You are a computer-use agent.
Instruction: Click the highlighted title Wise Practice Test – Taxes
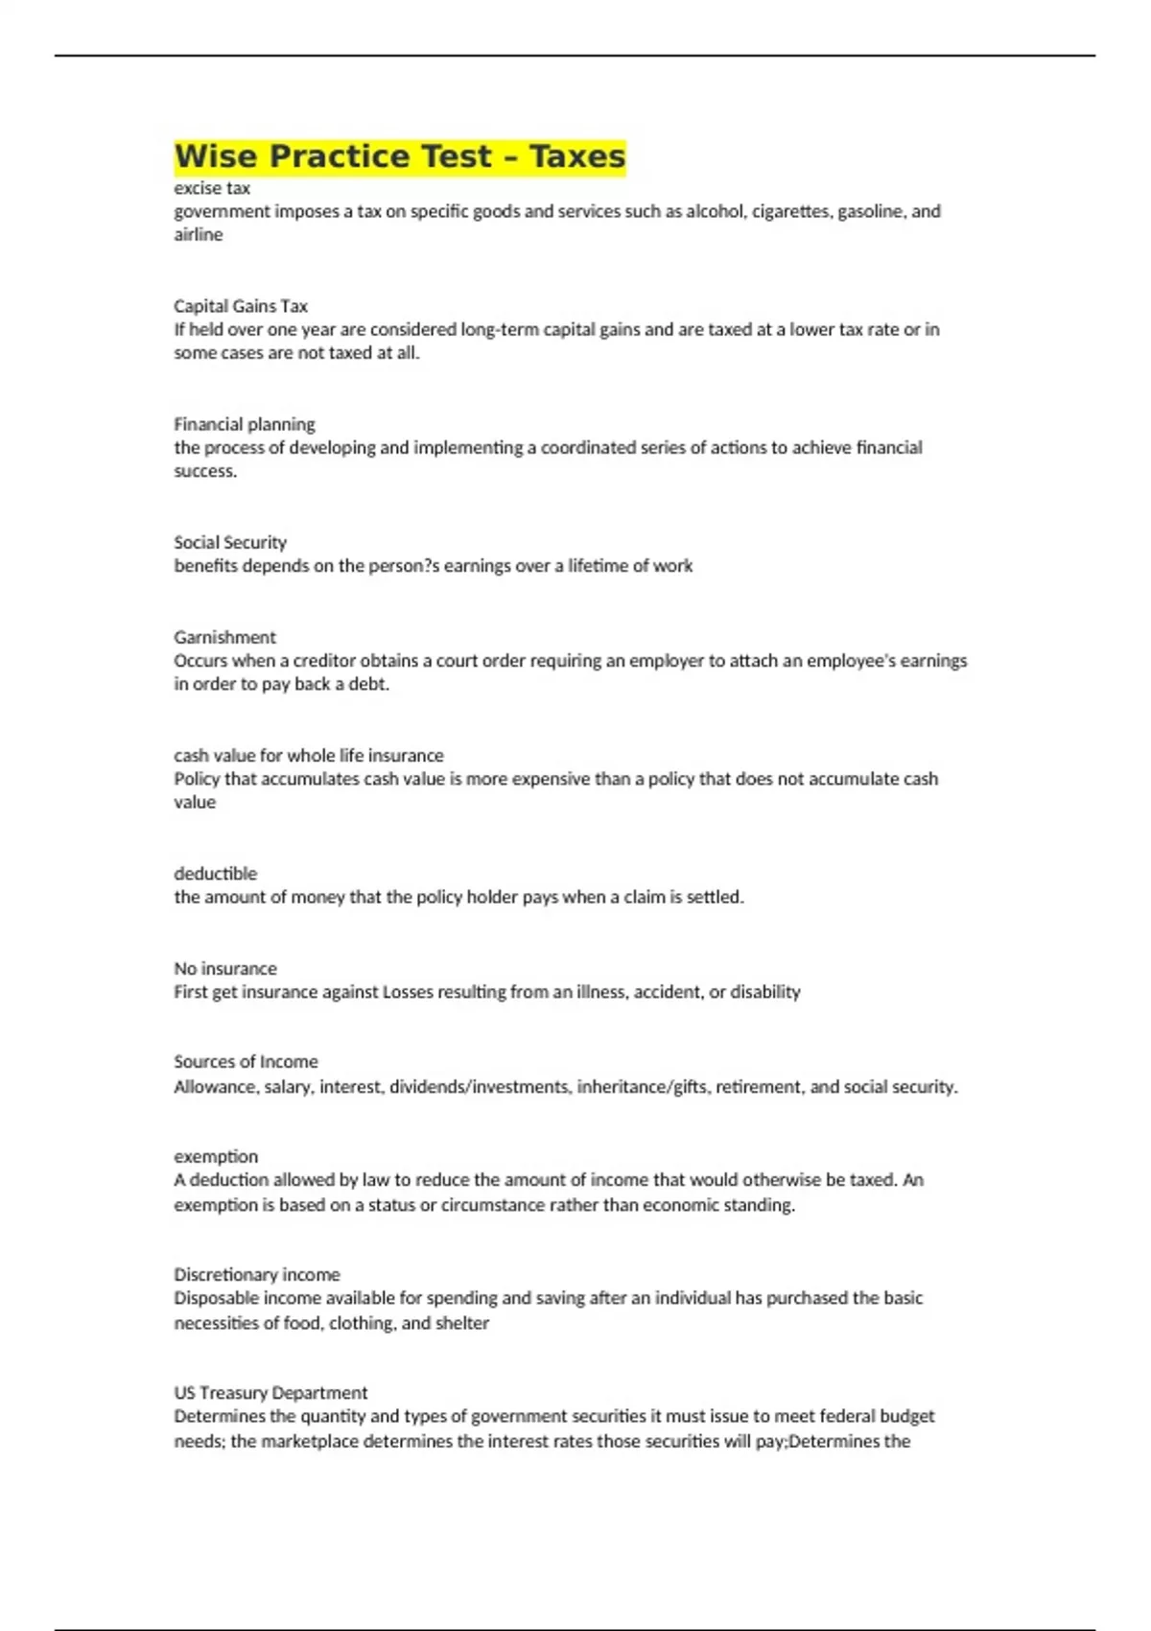[x=399, y=156]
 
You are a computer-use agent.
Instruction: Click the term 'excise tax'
[x=212, y=188]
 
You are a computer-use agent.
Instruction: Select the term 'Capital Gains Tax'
[x=241, y=306]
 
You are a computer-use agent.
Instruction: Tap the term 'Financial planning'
[x=245, y=424]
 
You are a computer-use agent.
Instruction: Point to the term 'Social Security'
[x=230, y=542]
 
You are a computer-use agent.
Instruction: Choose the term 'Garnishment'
[x=224, y=637]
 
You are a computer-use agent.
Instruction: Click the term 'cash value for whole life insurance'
[x=309, y=755]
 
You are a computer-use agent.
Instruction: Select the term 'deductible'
[x=216, y=873]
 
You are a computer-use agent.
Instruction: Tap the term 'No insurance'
[x=225, y=968]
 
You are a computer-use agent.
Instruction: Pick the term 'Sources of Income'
[x=246, y=1061]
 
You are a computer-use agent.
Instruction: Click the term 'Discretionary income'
[x=257, y=1274]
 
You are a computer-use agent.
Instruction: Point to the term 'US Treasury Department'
[x=270, y=1392]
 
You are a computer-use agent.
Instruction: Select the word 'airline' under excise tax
[x=199, y=235]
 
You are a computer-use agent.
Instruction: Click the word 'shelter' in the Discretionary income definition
[x=462, y=1323]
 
